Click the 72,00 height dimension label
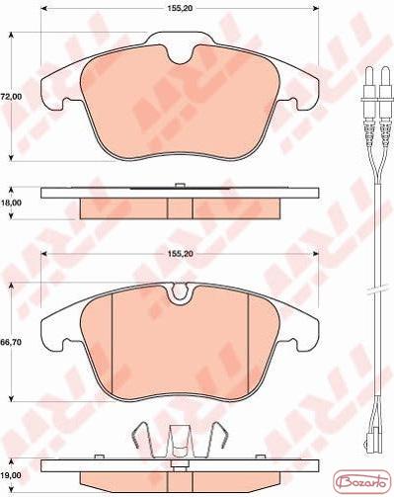click(11, 97)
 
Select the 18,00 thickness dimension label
click(11, 203)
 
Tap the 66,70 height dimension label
click(11, 342)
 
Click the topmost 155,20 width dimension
click(180, 9)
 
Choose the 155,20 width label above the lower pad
click(180, 254)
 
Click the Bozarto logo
click(362, 483)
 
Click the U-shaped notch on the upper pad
click(180, 56)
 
